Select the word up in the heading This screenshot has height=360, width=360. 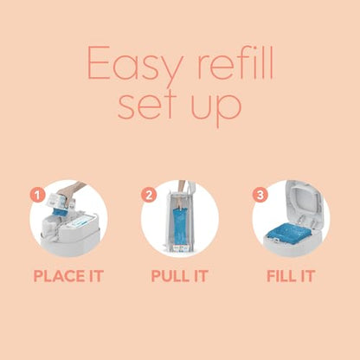[x=216, y=109]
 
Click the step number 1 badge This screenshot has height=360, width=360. [x=37, y=195]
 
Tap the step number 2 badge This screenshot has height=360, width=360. [x=149, y=195]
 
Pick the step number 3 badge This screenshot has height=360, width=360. [x=260, y=195]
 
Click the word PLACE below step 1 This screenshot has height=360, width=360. [x=59, y=276]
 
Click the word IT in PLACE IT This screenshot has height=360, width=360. [x=96, y=276]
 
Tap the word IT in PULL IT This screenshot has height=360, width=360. [x=201, y=276]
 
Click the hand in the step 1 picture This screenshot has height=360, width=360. [x=68, y=192]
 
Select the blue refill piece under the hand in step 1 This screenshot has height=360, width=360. [x=60, y=212]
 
